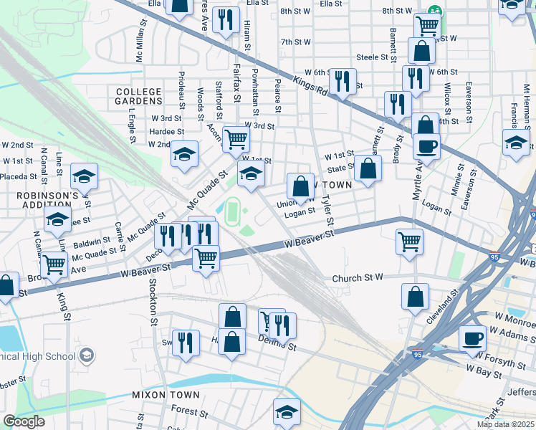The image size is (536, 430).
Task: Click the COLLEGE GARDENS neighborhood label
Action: [138, 97]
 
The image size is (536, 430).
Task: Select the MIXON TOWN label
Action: [160, 395]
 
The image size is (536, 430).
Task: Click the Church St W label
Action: [359, 278]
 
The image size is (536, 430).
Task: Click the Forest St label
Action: [184, 411]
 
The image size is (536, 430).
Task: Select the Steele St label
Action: [372, 57]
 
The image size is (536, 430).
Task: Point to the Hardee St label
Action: [167, 131]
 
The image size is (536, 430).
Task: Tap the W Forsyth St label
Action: [504, 353]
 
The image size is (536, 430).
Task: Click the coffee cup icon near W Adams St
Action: [472, 338]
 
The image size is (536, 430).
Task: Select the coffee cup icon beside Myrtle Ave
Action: [426, 147]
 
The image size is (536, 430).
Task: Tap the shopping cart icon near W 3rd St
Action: [236, 138]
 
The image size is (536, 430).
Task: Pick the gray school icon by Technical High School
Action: [87, 354]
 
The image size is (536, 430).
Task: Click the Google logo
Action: [24, 421]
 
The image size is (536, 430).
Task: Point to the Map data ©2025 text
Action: [504, 424]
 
